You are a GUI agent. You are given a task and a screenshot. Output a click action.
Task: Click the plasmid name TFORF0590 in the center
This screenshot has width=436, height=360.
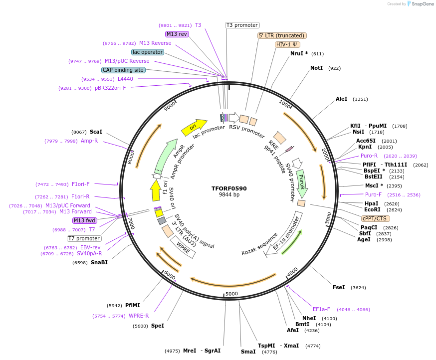229,188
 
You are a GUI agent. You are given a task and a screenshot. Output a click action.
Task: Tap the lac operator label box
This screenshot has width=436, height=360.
148,52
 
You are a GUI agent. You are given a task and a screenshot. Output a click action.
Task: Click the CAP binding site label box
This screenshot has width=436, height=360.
123,70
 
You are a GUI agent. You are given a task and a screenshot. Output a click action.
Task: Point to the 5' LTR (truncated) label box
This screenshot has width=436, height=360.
282,35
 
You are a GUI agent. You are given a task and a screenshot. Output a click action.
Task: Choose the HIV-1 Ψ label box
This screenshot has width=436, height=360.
288,44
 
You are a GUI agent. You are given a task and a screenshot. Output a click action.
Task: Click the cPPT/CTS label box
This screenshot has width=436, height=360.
376,218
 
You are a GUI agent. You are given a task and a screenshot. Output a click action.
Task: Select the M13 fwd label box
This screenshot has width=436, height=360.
85,220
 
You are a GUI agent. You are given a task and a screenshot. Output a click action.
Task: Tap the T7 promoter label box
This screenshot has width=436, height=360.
84,238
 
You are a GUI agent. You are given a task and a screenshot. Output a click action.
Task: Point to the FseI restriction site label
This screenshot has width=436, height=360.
339,287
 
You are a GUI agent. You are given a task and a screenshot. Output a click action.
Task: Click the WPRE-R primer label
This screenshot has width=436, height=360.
139,316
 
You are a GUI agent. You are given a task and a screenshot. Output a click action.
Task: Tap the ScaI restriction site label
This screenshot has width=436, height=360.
96,132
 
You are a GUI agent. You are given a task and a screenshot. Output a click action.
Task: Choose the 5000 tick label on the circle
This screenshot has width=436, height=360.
231,294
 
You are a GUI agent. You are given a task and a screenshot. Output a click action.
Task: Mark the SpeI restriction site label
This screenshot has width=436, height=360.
158,326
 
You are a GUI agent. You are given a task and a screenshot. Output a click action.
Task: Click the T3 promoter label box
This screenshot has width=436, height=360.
242,25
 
